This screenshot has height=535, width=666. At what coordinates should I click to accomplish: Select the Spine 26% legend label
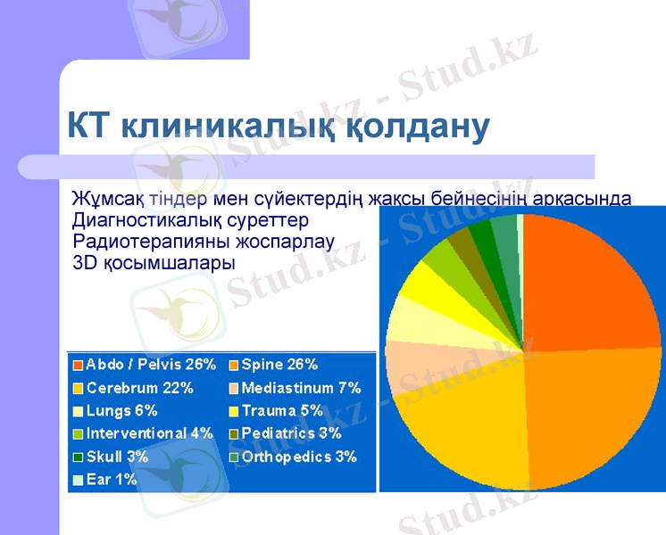(279, 365)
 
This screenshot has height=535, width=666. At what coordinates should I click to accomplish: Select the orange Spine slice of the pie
(589, 419)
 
